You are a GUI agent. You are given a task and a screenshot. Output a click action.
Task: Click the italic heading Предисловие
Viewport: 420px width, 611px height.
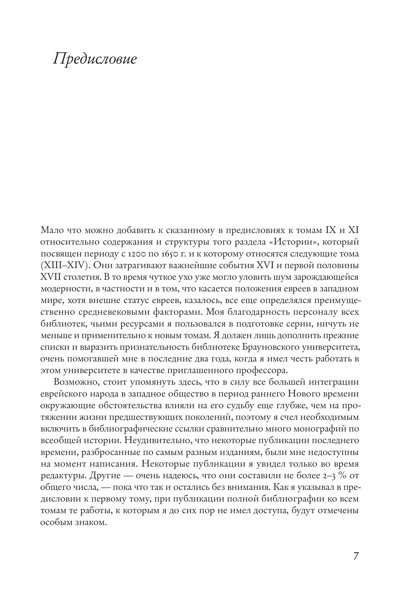95,58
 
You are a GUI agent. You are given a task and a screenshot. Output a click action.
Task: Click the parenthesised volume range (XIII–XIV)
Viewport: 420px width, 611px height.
66,265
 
